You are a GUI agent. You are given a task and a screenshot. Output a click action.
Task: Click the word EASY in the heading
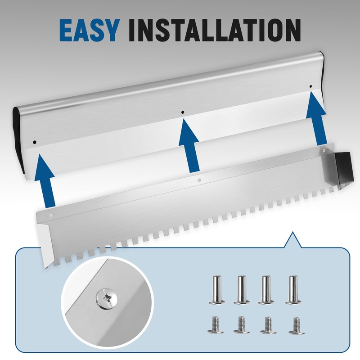coord(89,31)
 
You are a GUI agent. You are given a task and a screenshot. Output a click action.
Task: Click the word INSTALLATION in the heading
coord(215,31)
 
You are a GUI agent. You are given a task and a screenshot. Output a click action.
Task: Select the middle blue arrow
coord(189,146)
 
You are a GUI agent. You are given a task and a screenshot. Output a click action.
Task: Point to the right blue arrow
coord(316,119)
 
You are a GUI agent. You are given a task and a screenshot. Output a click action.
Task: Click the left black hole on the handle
coord(35,142)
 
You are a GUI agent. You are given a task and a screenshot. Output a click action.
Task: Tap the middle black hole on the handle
coord(183,112)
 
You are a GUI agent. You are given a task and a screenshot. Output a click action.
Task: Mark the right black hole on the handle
coord(311,86)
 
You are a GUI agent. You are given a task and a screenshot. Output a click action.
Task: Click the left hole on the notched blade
coord(51,216)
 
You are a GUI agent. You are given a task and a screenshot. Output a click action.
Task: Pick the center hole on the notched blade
coord(199,180)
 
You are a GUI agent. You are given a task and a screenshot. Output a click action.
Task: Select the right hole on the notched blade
coord(324,151)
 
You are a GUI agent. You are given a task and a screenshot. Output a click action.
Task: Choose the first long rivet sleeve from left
coord(216,290)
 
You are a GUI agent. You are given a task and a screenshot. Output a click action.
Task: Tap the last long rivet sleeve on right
coord(293,290)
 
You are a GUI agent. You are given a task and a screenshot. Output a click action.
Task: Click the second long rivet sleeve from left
coord(242,290)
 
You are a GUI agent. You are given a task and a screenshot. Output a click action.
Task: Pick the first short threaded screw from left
coord(216,325)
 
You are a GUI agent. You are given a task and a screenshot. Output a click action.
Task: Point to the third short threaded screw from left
coord(268,325)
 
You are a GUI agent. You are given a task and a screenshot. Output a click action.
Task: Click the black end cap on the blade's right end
coord(344,167)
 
